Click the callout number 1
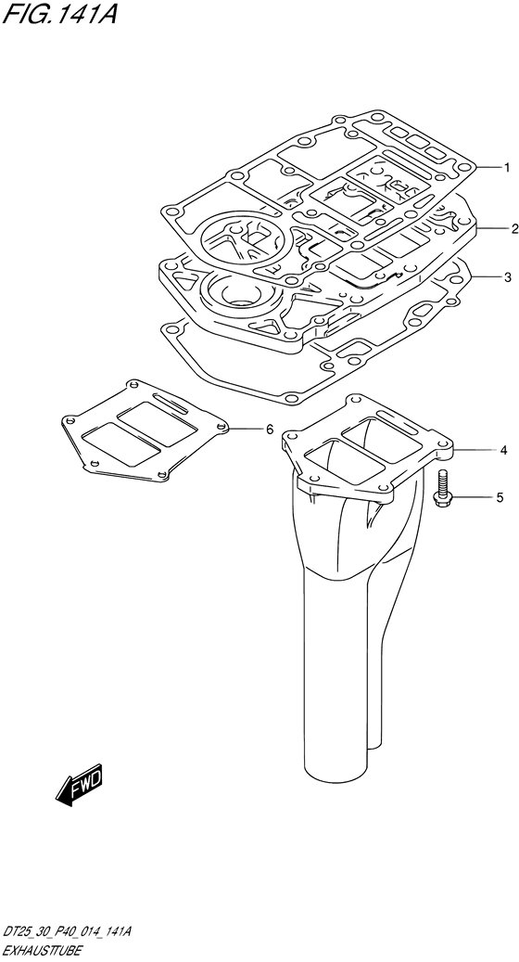tap(507, 167)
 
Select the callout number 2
tap(514, 229)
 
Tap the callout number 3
tap(507, 277)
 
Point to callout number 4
tap(503, 451)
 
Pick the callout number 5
tap(500, 497)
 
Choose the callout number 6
tap(269, 430)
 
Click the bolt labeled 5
tap(442, 489)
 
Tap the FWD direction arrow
tap(80, 785)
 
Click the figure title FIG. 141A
tap(59, 13)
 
